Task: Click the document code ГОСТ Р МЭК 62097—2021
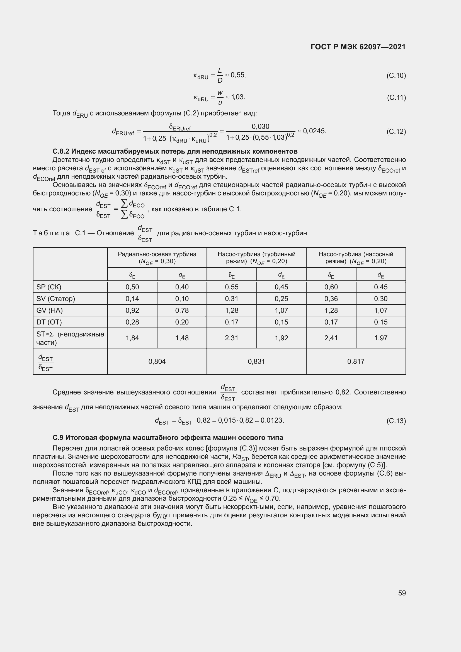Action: (x=358, y=47)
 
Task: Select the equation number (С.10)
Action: (x=396, y=76)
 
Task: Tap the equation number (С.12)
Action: (x=396, y=132)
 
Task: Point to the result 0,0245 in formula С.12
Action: (x=314, y=131)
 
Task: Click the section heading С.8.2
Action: (x=175, y=151)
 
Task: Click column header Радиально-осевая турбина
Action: (x=157, y=254)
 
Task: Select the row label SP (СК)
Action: (x=49, y=287)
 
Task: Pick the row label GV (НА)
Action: (x=49, y=310)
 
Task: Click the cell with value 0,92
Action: (x=132, y=310)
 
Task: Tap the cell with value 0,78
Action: (x=182, y=310)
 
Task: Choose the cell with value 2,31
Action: (x=232, y=338)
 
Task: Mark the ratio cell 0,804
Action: (x=157, y=362)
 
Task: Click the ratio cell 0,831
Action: (x=256, y=362)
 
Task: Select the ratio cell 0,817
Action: (x=356, y=362)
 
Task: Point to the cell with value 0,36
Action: (x=331, y=299)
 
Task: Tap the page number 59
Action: (x=402, y=593)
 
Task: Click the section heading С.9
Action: (x=168, y=438)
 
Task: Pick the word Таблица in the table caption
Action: (x=51, y=233)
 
